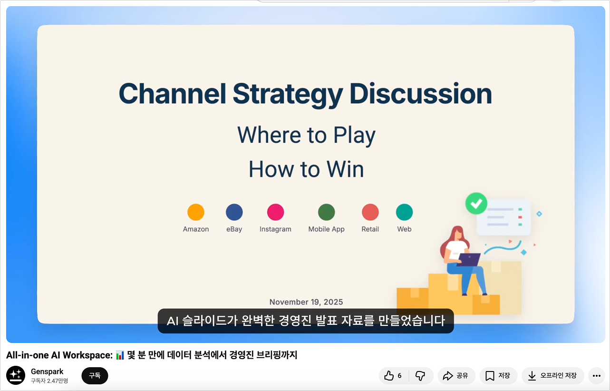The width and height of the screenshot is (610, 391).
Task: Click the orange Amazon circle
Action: (196, 212)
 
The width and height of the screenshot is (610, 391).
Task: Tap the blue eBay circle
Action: (234, 212)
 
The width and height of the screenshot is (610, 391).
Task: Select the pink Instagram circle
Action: (276, 212)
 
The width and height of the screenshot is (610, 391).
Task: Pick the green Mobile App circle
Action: (327, 212)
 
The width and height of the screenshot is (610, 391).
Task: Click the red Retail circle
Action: (370, 212)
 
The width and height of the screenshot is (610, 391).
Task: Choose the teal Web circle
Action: (405, 212)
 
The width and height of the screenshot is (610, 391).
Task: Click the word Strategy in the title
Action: (288, 94)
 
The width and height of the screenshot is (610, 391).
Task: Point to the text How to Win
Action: (306, 169)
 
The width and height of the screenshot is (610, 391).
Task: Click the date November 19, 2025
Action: (306, 302)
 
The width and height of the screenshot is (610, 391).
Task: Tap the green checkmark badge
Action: (476, 203)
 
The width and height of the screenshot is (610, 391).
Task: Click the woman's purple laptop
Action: (469, 260)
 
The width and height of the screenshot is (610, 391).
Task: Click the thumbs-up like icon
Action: (389, 376)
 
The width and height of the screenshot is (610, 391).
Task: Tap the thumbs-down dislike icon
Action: (420, 376)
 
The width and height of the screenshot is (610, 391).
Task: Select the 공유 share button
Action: (455, 376)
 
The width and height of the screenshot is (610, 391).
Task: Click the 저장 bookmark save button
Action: (498, 376)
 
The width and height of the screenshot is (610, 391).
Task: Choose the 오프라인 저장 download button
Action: (552, 376)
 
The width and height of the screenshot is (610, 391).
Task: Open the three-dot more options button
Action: (597, 376)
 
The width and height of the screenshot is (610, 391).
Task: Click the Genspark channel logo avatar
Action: (16, 376)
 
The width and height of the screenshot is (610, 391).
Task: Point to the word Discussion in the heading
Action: (421, 94)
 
